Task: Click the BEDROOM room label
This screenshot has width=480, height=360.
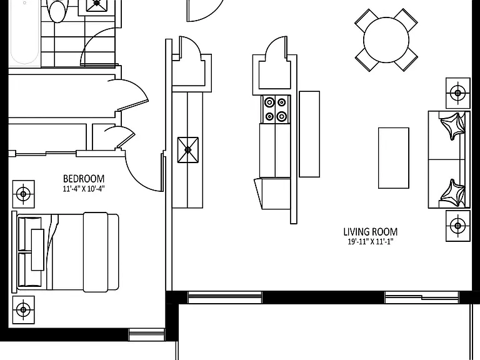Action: [x=84, y=179]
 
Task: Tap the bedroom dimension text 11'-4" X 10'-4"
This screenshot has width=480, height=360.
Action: [x=84, y=189]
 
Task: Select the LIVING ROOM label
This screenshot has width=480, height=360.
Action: [x=371, y=232]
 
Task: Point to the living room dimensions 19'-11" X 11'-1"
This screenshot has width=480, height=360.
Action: [x=371, y=242]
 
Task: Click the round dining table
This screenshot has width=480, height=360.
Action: [x=386, y=40]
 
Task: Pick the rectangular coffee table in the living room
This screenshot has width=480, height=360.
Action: [x=394, y=158]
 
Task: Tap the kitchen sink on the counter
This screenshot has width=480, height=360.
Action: [x=188, y=150]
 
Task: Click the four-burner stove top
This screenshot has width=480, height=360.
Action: [x=276, y=109]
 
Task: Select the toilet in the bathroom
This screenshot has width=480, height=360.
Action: [x=57, y=11]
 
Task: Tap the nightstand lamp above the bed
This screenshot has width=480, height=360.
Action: [x=24, y=194]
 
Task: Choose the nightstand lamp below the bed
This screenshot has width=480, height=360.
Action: [x=24, y=310]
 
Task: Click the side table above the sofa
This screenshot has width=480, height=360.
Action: [x=458, y=92]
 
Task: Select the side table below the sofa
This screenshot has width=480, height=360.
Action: [x=458, y=226]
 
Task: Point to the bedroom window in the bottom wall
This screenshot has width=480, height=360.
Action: [x=147, y=334]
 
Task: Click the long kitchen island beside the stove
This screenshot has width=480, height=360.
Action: [x=309, y=134]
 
